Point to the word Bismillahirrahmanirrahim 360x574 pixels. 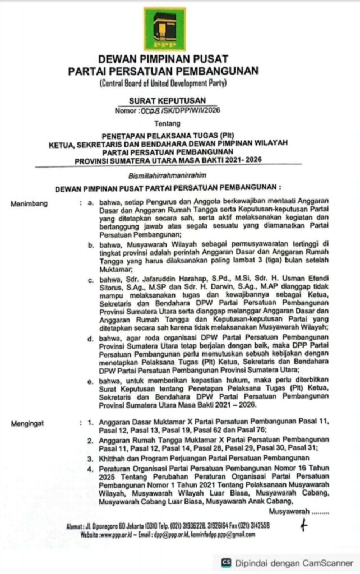click(x=163, y=174)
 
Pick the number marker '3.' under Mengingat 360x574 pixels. click(x=90, y=458)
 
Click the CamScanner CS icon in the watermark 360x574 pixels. click(x=227, y=562)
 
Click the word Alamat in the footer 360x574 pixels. click(x=75, y=526)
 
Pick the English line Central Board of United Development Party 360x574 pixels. click(x=163, y=84)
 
